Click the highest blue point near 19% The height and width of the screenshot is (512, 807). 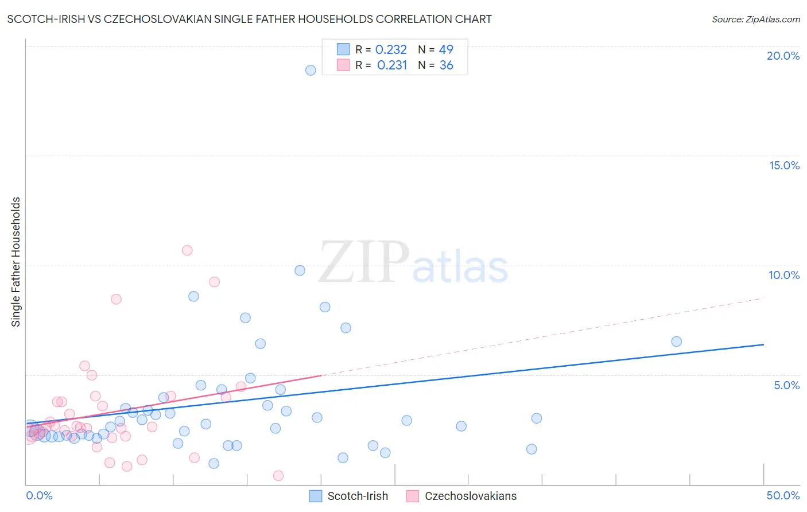click(311, 70)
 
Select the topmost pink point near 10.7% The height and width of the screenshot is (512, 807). click(187, 250)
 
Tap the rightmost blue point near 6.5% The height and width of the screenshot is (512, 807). click(676, 342)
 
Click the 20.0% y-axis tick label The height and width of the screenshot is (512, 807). click(783, 56)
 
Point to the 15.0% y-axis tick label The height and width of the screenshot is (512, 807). click(784, 165)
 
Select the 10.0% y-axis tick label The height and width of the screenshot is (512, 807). click(784, 275)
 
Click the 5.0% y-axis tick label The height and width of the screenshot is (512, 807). click(786, 385)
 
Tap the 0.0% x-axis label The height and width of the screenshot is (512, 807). click(40, 495)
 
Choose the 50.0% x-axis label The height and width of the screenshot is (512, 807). click(783, 495)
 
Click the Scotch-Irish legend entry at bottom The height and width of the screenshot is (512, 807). click(357, 496)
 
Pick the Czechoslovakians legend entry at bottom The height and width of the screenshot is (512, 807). click(470, 496)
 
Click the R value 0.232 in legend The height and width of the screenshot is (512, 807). click(391, 50)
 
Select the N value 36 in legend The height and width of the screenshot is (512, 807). click(446, 65)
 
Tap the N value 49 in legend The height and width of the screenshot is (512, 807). click(446, 50)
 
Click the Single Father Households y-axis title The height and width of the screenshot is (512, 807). click(16, 262)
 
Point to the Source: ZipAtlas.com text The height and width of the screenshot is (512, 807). click(755, 20)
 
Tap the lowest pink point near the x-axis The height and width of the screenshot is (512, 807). click(278, 475)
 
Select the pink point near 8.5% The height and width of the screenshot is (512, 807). click(116, 299)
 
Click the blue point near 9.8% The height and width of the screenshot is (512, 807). click(300, 270)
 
